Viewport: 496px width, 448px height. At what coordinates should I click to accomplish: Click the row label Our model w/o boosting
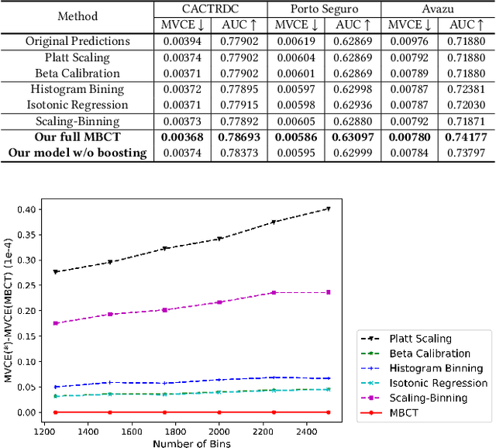click(77, 153)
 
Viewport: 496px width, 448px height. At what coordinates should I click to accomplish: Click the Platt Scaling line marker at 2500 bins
click(329, 208)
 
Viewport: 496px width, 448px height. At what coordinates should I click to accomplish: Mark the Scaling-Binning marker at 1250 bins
click(56, 323)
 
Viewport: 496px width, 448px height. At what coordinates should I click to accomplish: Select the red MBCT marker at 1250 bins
click(56, 412)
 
